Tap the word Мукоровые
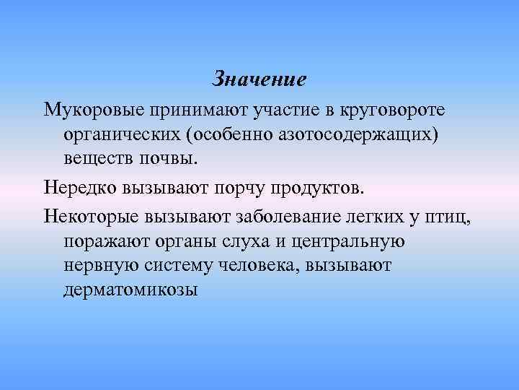92,110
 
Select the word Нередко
79,188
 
